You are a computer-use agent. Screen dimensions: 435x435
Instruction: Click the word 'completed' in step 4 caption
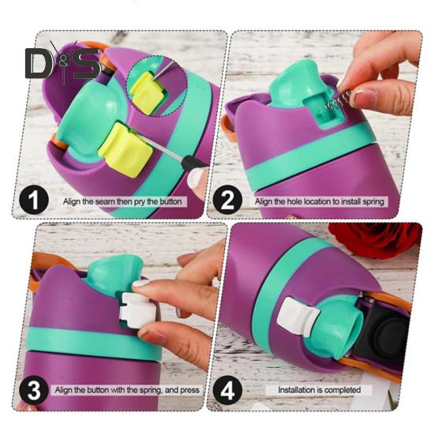coord(343,390)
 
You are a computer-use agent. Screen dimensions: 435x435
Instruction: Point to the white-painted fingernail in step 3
coord(141,283)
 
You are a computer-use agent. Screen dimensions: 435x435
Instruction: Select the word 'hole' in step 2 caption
coord(302,201)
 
